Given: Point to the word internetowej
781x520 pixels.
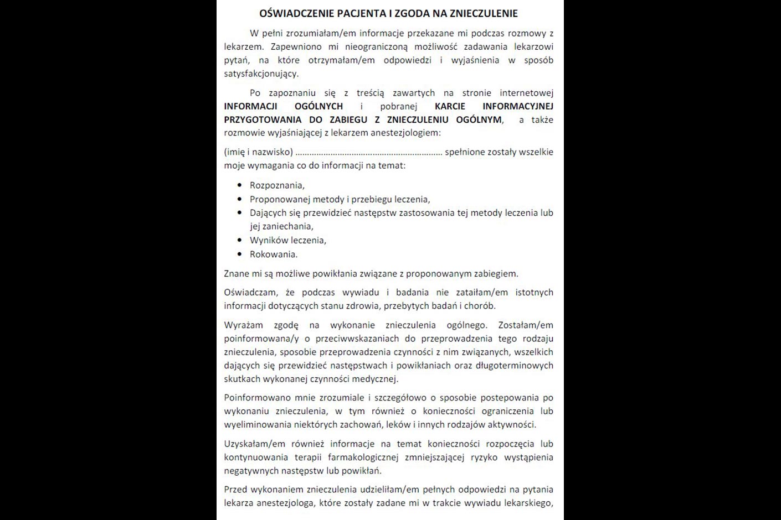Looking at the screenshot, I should click(x=526, y=93).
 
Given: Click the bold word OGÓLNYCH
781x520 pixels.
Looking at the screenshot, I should click(x=318, y=106).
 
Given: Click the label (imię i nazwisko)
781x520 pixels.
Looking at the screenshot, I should click(x=258, y=152).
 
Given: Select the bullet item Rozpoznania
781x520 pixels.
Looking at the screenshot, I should click(x=277, y=185).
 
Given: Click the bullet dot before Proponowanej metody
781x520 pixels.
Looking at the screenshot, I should click(x=239, y=199).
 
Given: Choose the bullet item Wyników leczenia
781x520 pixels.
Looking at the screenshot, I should click(x=288, y=240).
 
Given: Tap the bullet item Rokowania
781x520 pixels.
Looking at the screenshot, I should click(x=274, y=254).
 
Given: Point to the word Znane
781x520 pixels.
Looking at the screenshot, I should click(x=237, y=273).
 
